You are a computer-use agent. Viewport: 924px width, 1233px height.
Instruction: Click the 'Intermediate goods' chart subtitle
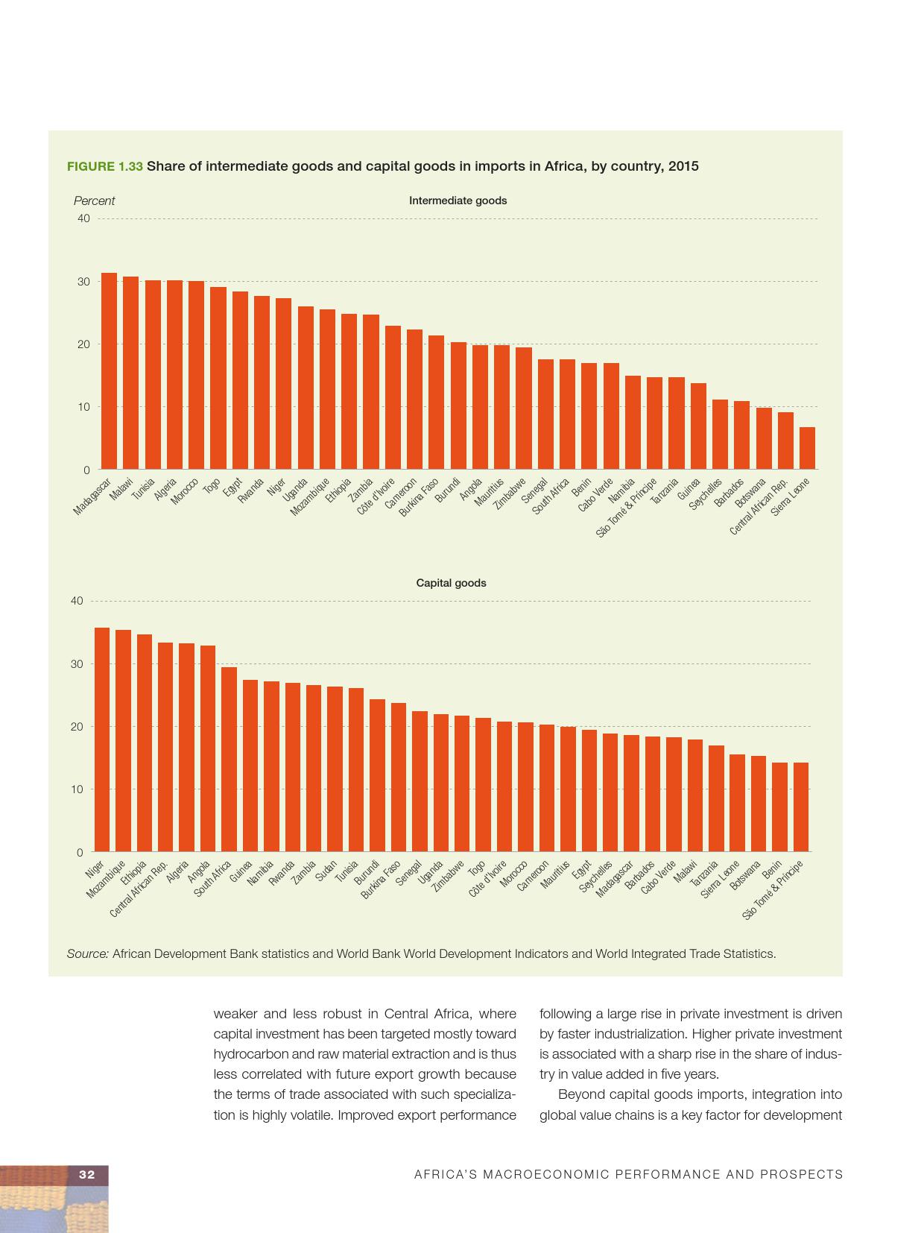458,201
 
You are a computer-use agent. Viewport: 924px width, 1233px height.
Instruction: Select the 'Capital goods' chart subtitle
451,583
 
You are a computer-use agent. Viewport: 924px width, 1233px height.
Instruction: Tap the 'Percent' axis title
94,201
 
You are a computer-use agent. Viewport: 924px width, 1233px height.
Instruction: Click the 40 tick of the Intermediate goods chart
83,218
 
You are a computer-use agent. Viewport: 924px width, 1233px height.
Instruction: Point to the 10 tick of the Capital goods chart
77,789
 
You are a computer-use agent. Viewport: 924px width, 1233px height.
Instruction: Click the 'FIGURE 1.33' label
104,166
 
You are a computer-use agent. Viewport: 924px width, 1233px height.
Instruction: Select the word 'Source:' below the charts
88,953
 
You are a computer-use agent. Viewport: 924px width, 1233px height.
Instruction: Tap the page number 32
87,1174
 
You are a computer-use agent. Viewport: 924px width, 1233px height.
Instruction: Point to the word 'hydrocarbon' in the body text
247,1054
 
